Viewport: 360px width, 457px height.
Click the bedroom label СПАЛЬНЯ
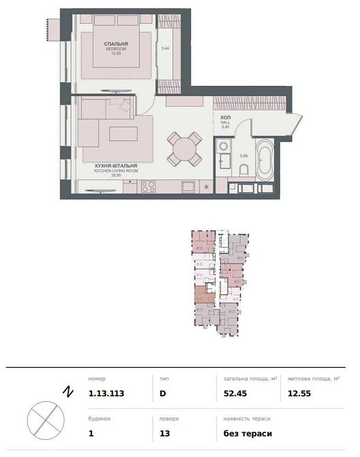pos(117,44)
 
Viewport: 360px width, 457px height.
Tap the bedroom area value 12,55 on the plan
pos(117,55)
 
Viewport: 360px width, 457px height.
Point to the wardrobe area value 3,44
pos(164,49)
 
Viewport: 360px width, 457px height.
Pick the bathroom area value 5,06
pos(243,156)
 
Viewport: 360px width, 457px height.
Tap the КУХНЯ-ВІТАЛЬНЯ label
pos(116,166)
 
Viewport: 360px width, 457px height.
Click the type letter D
pos(162,393)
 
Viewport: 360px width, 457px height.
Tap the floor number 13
pos(164,433)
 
